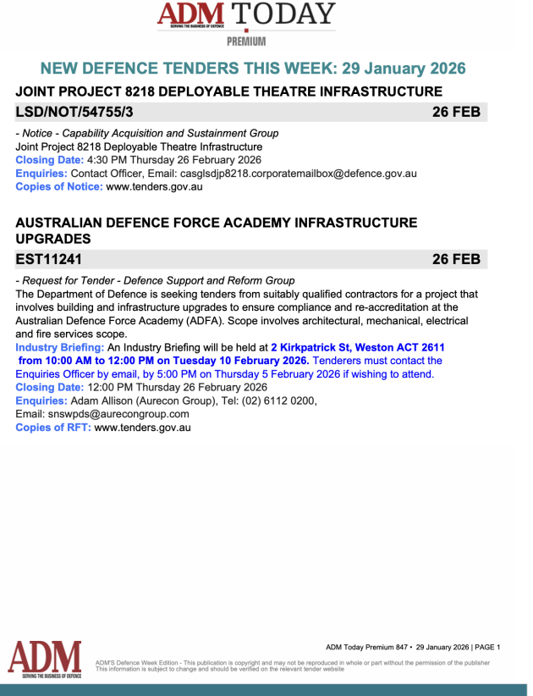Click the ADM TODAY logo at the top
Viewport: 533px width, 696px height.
pos(246,15)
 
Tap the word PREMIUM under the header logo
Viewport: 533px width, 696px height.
pos(246,41)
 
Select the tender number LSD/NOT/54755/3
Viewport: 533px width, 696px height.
pos(74,112)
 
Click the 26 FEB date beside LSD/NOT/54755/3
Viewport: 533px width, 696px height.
pos(456,112)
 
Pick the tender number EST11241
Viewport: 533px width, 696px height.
pos(49,259)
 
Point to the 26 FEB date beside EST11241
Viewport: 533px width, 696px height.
pos(456,259)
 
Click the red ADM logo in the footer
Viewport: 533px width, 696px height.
pos(44,659)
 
